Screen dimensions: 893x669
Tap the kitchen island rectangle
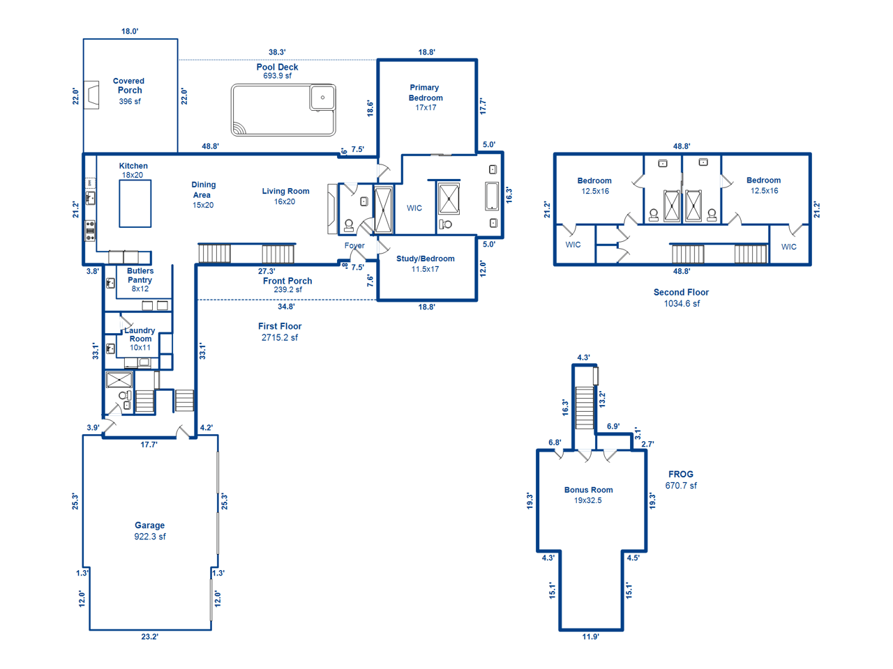click(135, 203)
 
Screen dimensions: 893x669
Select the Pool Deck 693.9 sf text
click(277, 70)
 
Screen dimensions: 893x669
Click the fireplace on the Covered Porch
click(91, 95)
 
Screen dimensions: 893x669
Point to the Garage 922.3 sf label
click(150, 530)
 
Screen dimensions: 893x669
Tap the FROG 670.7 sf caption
click(681, 479)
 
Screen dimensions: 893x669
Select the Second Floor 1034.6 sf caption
click(681, 298)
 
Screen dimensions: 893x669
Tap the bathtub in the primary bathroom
click(491, 197)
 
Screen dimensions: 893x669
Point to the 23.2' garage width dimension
click(150, 636)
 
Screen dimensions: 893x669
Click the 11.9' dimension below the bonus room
click(590, 636)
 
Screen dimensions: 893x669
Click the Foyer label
click(354, 245)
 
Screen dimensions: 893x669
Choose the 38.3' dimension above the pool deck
click(277, 52)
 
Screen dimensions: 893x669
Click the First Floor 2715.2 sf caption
click(280, 332)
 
